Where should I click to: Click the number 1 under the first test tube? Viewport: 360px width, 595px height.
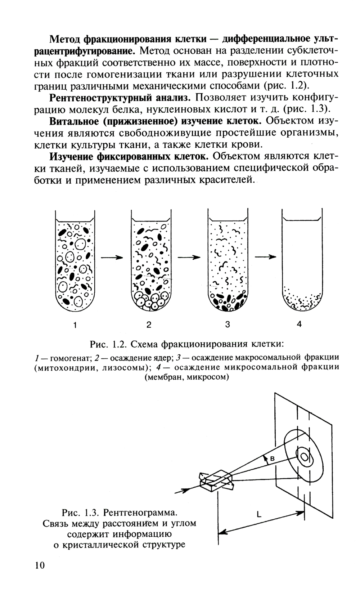pyautogui.click(x=75, y=325)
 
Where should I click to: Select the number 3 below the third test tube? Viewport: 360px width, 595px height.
pyautogui.click(x=227, y=325)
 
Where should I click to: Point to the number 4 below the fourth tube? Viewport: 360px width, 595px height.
pyautogui.click(x=299, y=324)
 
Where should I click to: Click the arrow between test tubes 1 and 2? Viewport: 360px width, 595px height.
pyautogui.click(x=112, y=257)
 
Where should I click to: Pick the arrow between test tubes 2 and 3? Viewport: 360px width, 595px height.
pyautogui.click(x=189, y=257)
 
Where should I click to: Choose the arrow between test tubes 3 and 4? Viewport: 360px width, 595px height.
pyautogui.click(x=265, y=257)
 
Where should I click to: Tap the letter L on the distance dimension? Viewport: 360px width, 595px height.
pyautogui.click(x=259, y=515)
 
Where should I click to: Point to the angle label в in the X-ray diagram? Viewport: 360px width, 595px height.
pyautogui.click(x=272, y=458)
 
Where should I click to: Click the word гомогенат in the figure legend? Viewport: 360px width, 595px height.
pyautogui.click(x=70, y=359)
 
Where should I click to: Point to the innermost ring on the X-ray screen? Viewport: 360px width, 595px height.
pyautogui.click(x=305, y=457)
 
